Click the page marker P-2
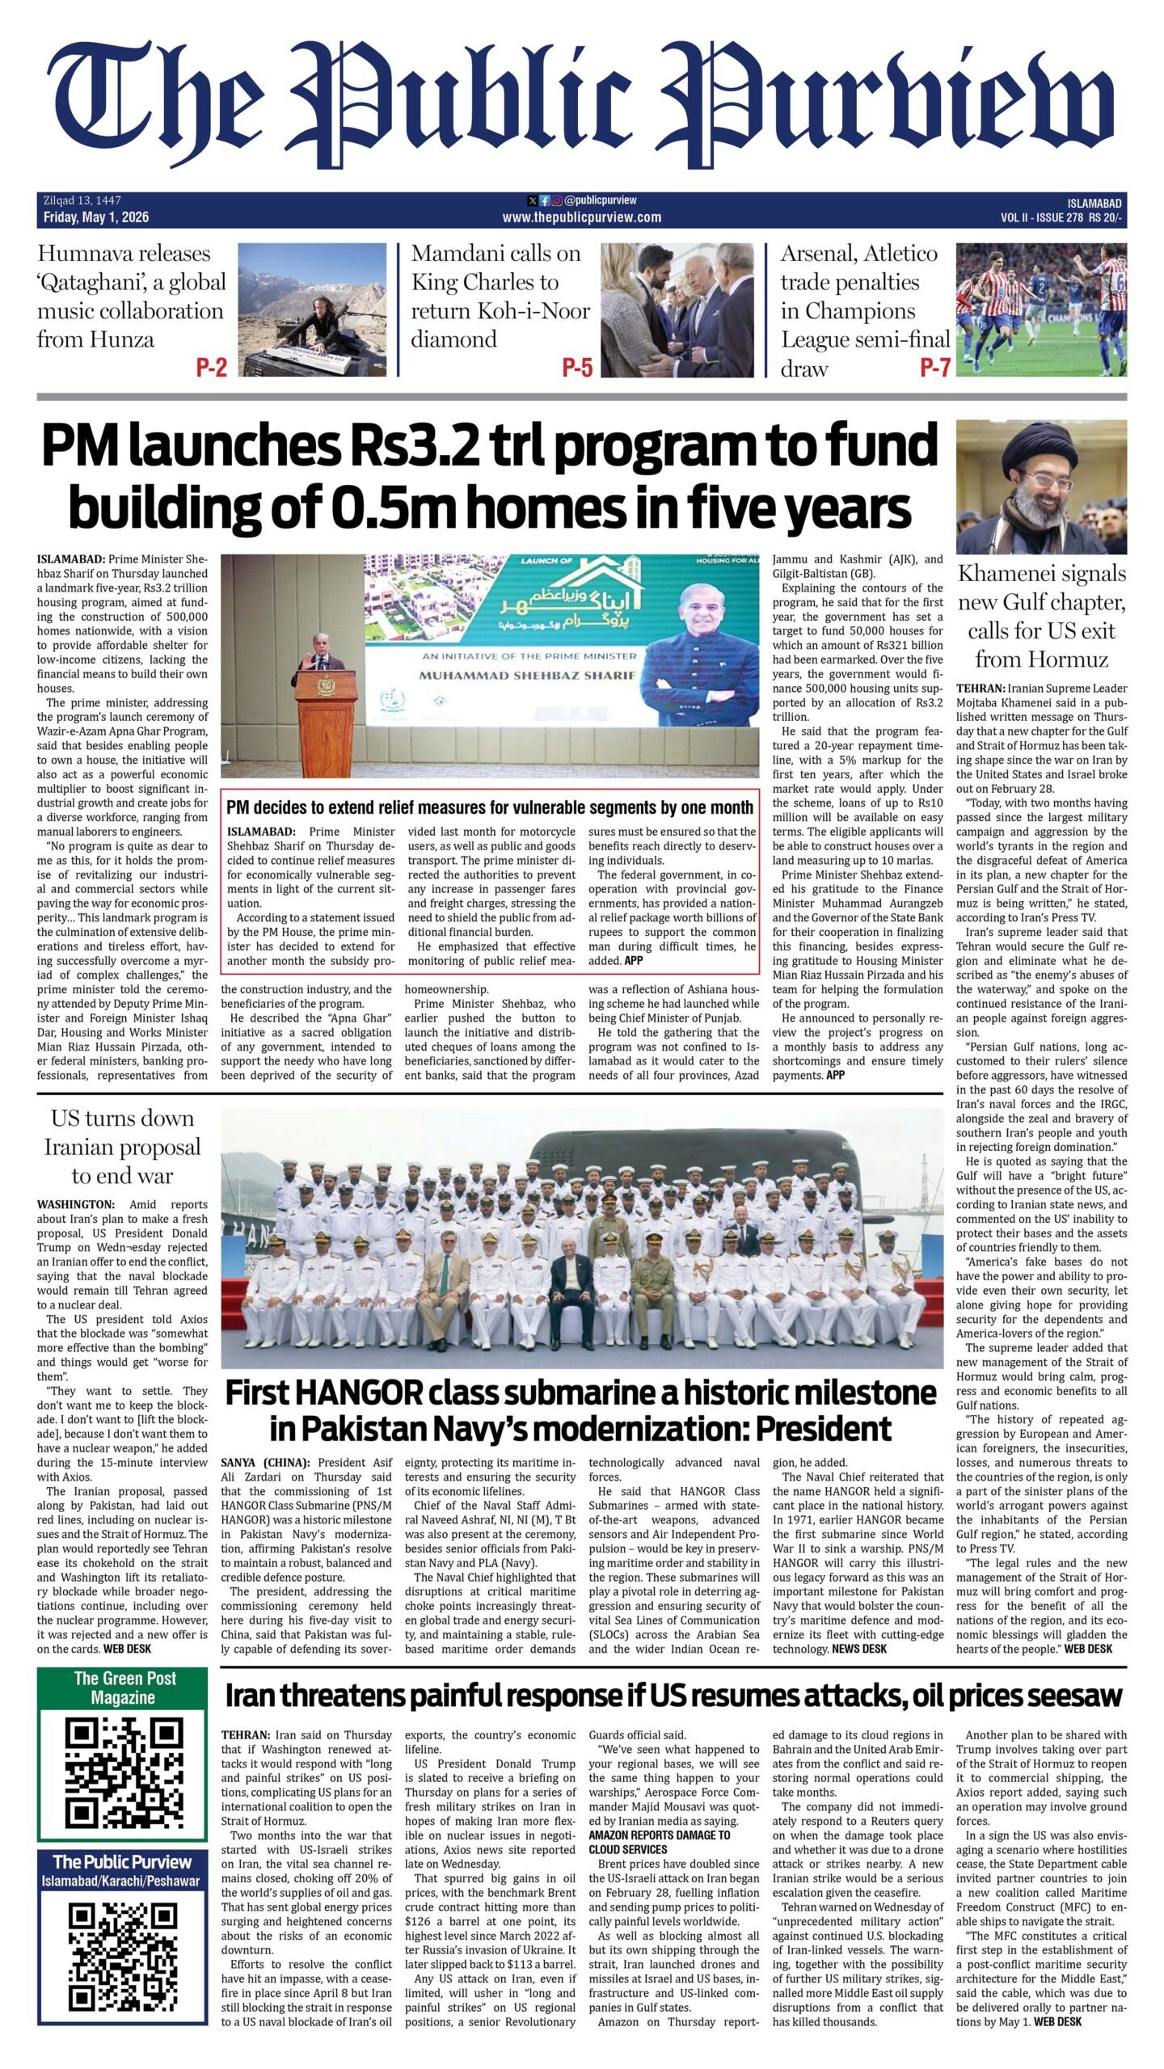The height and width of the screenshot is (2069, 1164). [x=211, y=369]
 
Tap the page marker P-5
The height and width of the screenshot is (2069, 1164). [x=577, y=369]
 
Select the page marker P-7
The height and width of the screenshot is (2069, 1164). [x=934, y=369]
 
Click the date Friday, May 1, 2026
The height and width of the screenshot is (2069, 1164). [x=97, y=217]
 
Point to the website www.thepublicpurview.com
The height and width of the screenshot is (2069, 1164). [x=581, y=217]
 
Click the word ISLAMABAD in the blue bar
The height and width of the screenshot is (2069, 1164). [x=1094, y=204]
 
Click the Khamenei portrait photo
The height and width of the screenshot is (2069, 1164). [x=1041, y=487]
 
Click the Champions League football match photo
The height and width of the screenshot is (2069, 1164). [x=1041, y=310]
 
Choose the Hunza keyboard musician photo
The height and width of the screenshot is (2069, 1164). [x=313, y=310]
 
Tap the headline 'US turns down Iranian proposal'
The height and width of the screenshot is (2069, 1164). [x=122, y=1147]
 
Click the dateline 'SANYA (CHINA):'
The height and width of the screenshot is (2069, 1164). [x=265, y=1463]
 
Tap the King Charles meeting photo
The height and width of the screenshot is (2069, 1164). [x=677, y=310]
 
